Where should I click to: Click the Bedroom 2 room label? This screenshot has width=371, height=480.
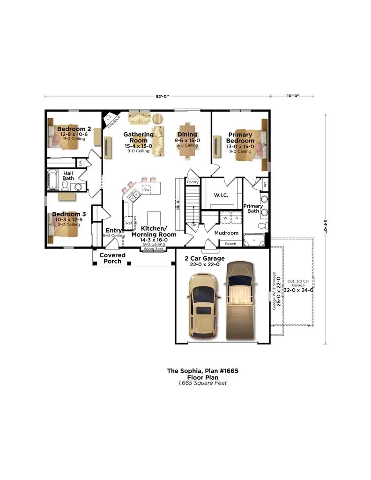(x=74, y=129)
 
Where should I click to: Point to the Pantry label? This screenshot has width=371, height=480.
(x=193, y=182)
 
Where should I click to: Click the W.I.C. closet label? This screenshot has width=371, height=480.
(x=221, y=195)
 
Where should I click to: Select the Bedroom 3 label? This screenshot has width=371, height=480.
(x=68, y=214)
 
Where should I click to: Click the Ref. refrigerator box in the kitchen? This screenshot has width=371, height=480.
(x=128, y=223)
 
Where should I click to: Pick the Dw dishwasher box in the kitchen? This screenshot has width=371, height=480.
(x=146, y=190)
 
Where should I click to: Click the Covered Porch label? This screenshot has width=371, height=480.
(x=112, y=258)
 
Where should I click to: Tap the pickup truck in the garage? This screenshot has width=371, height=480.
(x=239, y=300)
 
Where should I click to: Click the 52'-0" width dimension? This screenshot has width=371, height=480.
(x=162, y=96)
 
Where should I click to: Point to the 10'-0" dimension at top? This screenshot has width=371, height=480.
(x=293, y=96)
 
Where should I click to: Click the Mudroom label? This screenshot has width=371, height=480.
(x=226, y=233)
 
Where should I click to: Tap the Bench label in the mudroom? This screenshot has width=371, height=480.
(x=230, y=244)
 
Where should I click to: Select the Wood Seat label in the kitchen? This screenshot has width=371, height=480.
(x=153, y=249)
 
